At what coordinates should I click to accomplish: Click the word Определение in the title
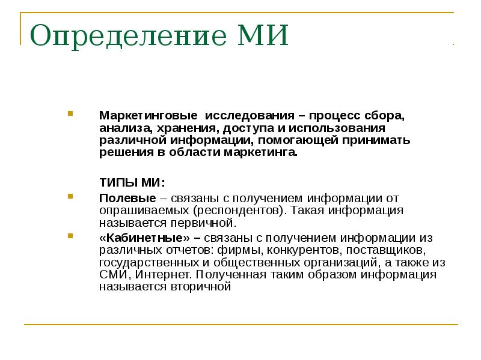(128, 36)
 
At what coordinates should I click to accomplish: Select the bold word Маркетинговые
(149, 116)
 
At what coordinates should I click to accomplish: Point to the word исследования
(250, 116)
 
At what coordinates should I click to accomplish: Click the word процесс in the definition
(335, 116)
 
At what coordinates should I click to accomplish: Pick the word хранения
(188, 128)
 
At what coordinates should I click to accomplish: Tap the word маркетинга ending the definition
(260, 152)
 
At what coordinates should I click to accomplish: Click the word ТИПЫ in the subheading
(118, 183)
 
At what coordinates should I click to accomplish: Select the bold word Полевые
(127, 199)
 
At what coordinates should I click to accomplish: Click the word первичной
(203, 223)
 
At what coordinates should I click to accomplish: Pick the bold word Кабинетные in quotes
(145, 238)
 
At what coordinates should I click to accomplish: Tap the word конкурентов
(304, 250)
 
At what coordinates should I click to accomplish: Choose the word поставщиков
(386, 250)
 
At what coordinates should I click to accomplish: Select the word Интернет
(163, 274)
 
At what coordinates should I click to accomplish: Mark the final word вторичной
(201, 287)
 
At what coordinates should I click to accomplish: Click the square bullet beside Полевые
(70, 196)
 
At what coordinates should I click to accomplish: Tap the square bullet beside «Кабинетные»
(70, 236)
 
